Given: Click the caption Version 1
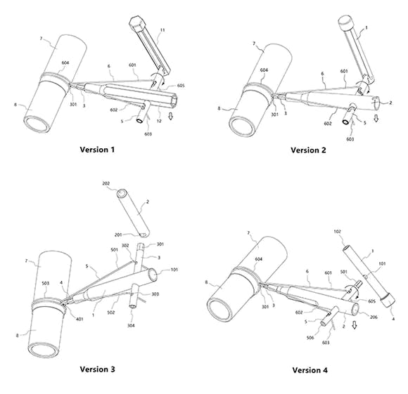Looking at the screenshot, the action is pyautogui.click(x=97, y=150).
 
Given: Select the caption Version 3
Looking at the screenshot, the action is pyautogui.click(x=97, y=369).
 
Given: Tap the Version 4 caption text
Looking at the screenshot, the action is pyautogui.click(x=310, y=370).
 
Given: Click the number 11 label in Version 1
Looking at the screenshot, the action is pyautogui.click(x=162, y=30).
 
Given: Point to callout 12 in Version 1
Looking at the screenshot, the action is pyautogui.click(x=159, y=121).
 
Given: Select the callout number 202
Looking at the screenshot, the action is pyautogui.click(x=106, y=183).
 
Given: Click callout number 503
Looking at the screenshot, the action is pyautogui.click(x=46, y=283).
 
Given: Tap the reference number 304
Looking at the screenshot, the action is pyautogui.click(x=131, y=325).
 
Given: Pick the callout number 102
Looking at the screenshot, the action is pyautogui.click(x=337, y=231).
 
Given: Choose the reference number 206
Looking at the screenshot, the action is pyautogui.click(x=374, y=317).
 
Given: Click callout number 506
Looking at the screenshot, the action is pyautogui.click(x=310, y=338).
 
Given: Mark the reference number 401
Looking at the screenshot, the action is pyautogui.click(x=79, y=319).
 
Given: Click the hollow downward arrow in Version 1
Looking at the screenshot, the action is pyautogui.click(x=170, y=116).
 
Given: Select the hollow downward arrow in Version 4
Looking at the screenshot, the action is pyautogui.click(x=355, y=324).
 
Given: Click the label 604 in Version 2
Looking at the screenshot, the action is pyautogui.click(x=264, y=70).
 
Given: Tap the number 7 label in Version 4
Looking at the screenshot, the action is pyautogui.click(x=248, y=233).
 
